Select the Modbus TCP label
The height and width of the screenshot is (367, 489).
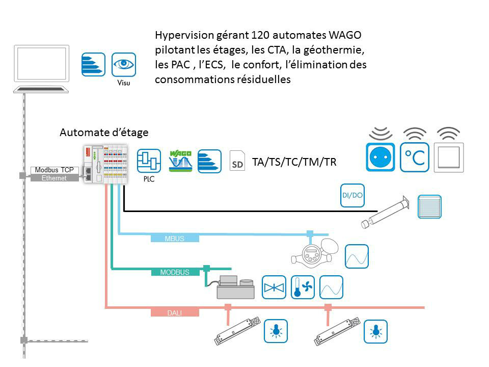[x=55, y=170]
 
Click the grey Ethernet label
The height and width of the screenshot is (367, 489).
[x=55, y=178]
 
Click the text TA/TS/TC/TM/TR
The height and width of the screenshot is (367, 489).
[x=295, y=163]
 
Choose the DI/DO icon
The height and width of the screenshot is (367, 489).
[x=352, y=195]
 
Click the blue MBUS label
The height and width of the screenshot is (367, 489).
[x=175, y=238]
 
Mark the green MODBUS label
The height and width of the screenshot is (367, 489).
[x=175, y=272]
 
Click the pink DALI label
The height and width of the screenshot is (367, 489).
[x=174, y=312]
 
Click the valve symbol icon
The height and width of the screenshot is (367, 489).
[x=274, y=287]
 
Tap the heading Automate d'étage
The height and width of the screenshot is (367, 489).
[x=104, y=133]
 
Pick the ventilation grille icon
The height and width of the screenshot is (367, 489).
[x=429, y=207]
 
